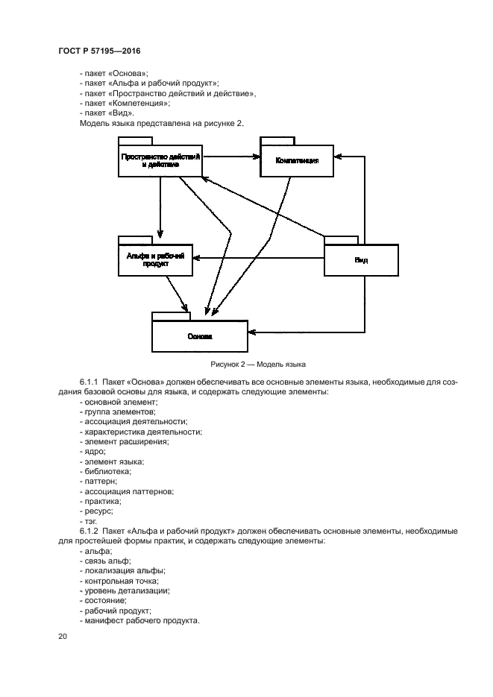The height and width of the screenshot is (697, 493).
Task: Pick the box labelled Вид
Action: [361, 259]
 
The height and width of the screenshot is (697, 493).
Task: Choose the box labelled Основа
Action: [199, 336]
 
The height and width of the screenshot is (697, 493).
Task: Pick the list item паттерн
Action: [101, 482]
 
